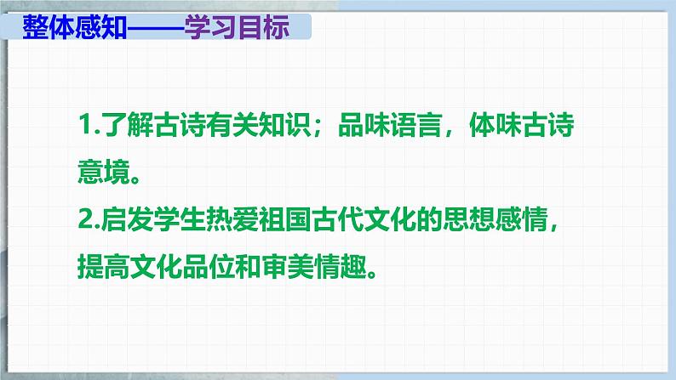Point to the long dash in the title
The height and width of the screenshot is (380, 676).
[156, 29]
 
